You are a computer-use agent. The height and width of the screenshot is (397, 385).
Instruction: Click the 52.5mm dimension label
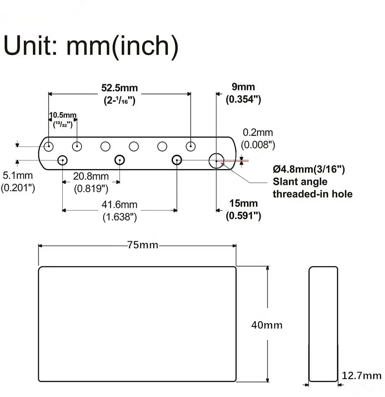(x=119, y=88)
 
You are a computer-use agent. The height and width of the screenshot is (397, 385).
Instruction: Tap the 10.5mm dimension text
(x=63, y=115)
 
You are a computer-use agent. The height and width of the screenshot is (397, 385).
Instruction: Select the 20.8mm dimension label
(x=91, y=175)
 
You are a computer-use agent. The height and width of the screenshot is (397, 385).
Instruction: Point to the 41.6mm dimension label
(x=120, y=205)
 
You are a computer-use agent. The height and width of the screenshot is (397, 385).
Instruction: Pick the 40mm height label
(x=267, y=325)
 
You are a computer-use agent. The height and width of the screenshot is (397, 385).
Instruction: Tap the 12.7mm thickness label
(x=362, y=376)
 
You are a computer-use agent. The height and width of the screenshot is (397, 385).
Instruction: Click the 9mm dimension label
(x=243, y=87)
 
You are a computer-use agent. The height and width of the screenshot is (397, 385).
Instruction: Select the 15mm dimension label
(x=243, y=203)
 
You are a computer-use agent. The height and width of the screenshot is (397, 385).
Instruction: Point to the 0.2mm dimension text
(x=258, y=133)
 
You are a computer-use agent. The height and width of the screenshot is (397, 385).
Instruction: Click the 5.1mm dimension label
(x=17, y=175)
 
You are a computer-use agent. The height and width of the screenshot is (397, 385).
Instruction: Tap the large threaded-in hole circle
(x=216, y=161)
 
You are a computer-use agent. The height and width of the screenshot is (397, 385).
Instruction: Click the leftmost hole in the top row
(x=48, y=146)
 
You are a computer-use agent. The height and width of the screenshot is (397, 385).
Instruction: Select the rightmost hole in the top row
(x=191, y=146)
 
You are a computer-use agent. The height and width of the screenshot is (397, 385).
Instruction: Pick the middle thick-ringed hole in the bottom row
(x=119, y=160)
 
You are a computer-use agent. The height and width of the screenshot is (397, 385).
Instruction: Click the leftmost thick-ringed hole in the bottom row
(x=62, y=160)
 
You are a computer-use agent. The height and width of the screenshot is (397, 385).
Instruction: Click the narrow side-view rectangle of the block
(x=323, y=324)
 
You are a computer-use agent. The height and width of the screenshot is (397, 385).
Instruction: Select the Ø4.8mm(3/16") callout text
(x=309, y=170)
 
